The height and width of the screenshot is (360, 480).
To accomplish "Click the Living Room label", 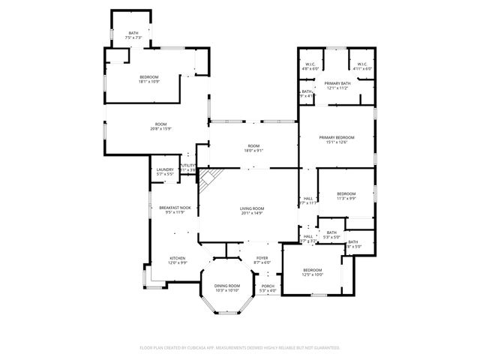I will click(x=252, y=211).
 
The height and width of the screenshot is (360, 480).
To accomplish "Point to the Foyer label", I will click(x=262, y=259).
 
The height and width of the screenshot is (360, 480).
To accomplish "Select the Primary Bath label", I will click(x=337, y=85).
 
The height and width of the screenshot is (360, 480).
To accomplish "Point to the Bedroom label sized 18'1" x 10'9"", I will click(x=149, y=79).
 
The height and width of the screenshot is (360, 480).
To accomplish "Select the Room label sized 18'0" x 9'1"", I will click(x=253, y=148).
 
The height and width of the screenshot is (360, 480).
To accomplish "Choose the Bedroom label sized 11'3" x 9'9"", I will click(x=346, y=195).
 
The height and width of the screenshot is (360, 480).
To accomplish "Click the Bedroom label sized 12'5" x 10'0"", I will click(x=312, y=272).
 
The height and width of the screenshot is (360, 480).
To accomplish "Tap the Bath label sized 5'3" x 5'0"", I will click(x=332, y=235).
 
